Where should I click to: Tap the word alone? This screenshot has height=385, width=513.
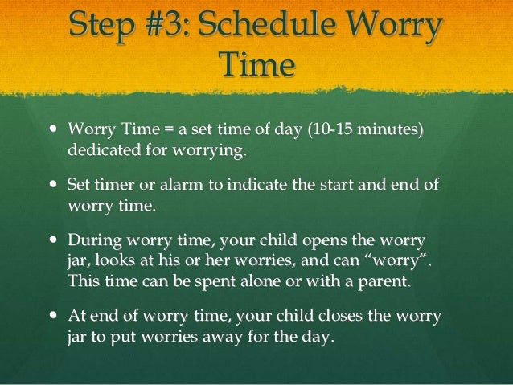click(235, 281)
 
